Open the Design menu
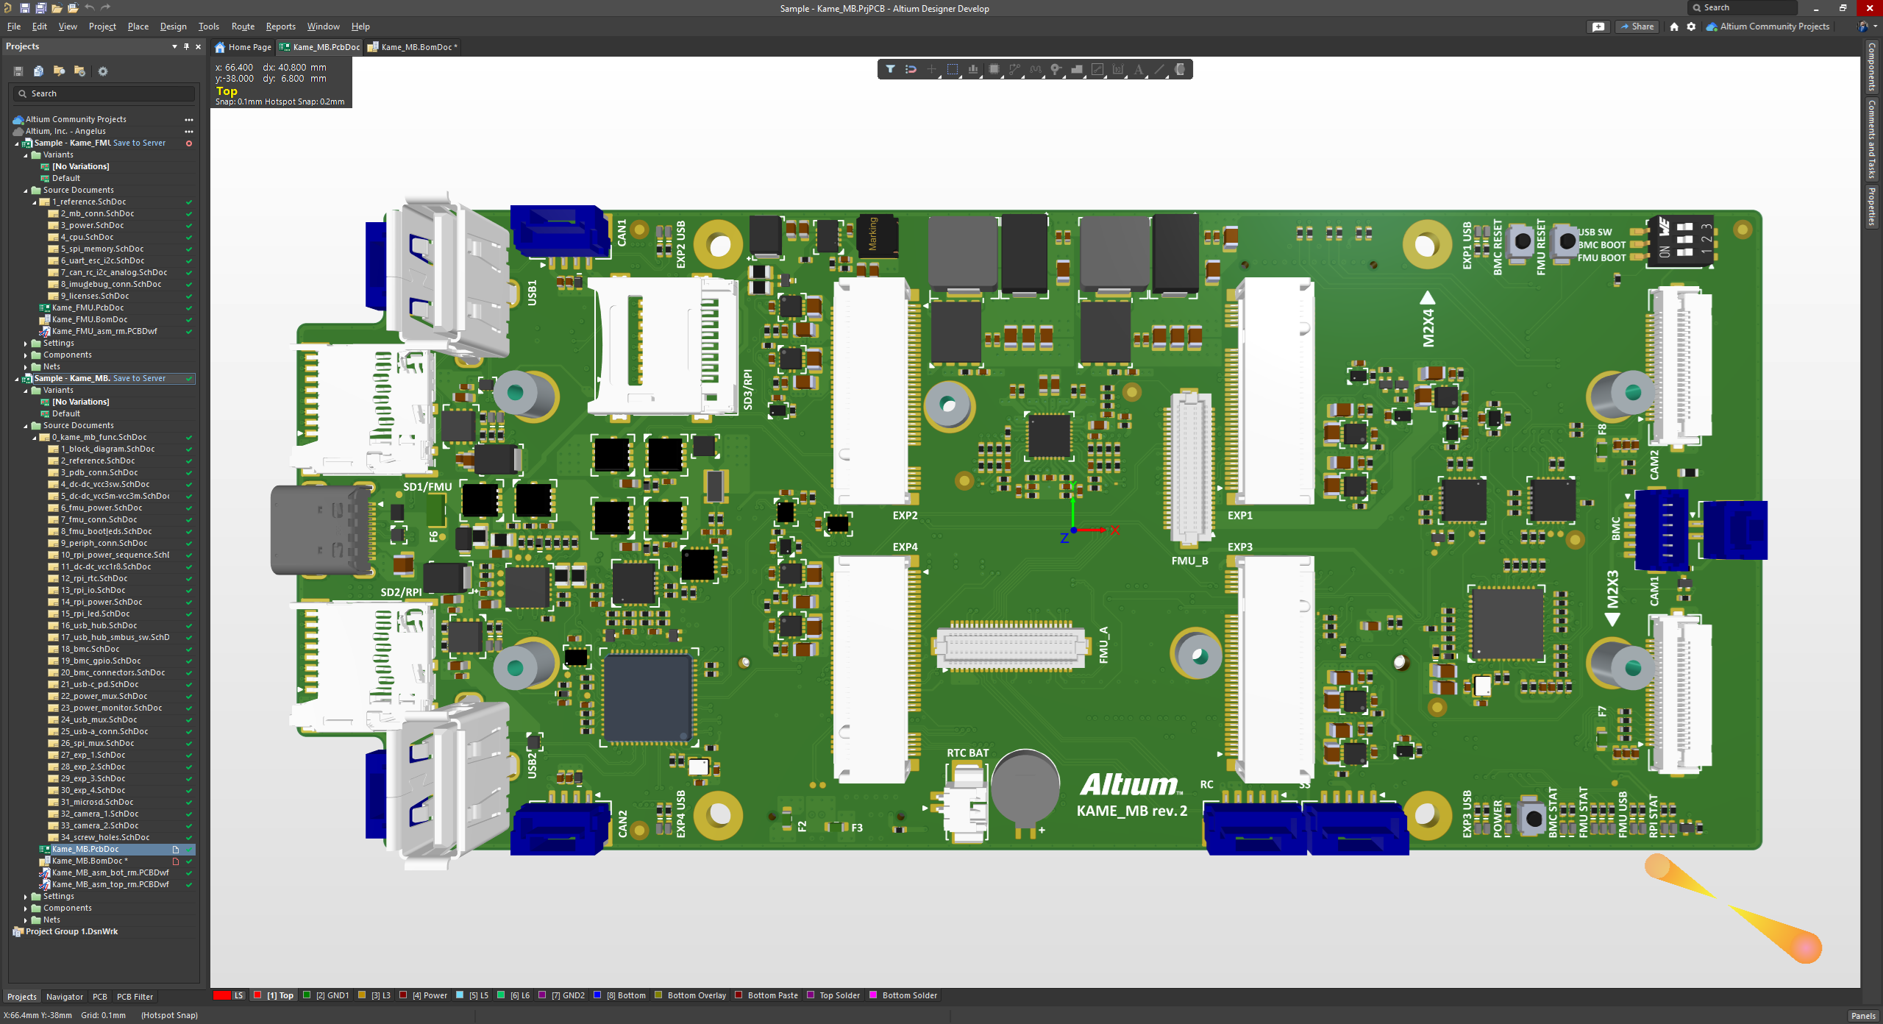(173, 26)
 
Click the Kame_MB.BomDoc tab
(416, 47)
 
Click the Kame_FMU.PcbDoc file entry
(88, 307)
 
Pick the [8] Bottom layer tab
(625, 995)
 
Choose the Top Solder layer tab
(839, 995)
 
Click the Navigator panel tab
(64, 997)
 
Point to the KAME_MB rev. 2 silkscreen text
(1131, 811)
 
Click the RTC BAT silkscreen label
(967, 753)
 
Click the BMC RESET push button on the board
(1522, 241)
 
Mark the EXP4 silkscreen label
(905, 547)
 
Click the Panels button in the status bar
(1862, 1015)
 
